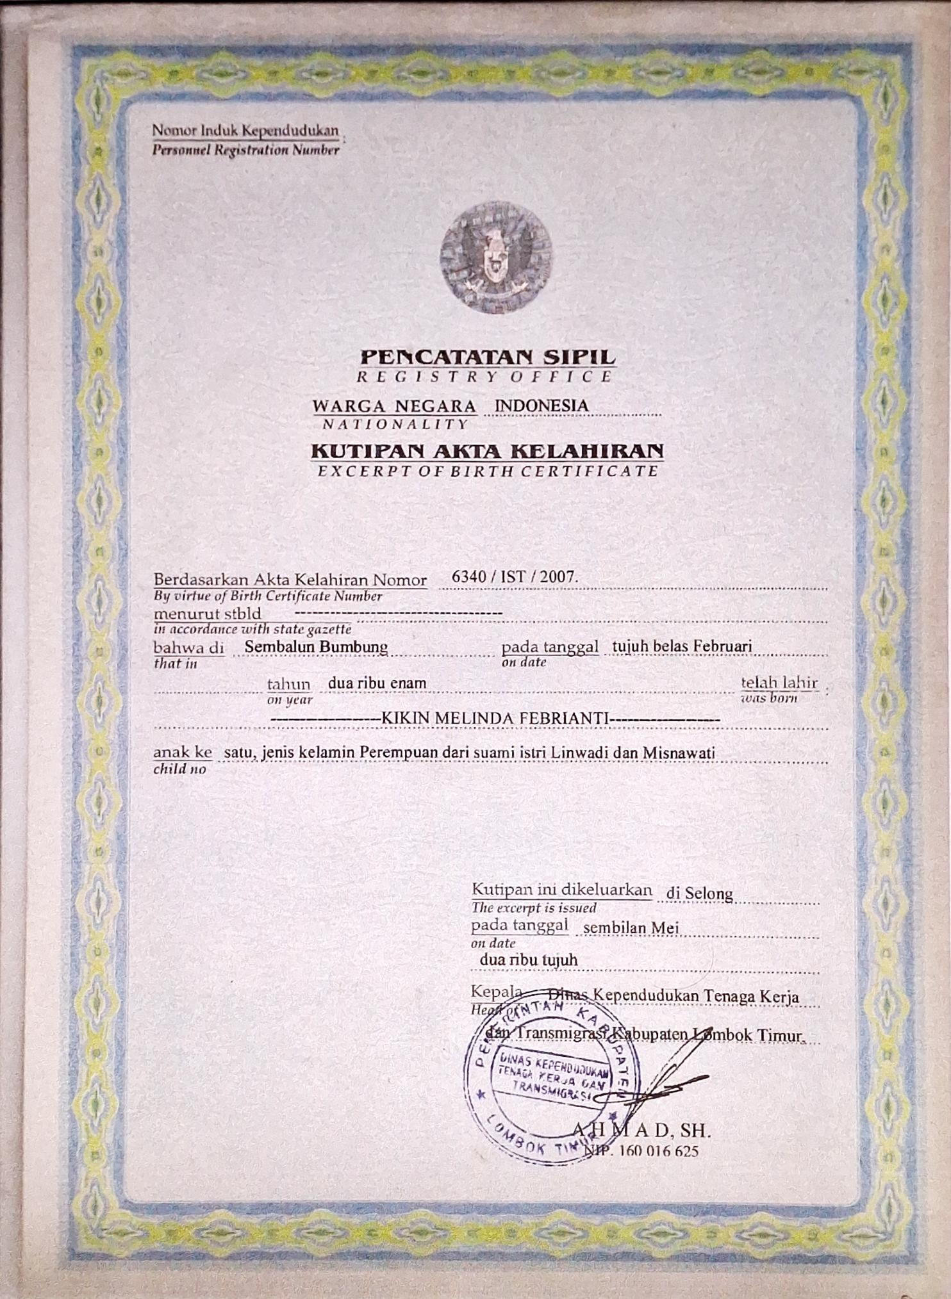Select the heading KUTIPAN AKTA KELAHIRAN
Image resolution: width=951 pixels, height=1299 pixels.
(487, 451)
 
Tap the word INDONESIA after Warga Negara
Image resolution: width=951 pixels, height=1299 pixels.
(542, 405)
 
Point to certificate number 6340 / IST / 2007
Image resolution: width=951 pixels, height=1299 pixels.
(515, 576)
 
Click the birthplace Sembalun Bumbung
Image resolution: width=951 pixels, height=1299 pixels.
(316, 646)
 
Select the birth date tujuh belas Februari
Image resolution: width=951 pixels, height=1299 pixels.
(682, 646)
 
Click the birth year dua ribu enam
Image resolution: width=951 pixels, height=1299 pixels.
(377, 683)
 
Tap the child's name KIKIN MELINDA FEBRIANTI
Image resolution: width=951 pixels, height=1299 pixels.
(495, 719)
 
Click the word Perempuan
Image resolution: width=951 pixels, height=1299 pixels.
(399, 753)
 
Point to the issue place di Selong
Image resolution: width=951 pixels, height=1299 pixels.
(699, 893)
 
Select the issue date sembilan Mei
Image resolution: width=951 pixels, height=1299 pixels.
(631, 927)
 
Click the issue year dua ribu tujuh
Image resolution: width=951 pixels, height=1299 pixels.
(529, 960)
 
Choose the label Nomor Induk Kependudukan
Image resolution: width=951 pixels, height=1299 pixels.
(245, 131)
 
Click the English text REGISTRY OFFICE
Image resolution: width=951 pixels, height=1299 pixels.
(484, 377)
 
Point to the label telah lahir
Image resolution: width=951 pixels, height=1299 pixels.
(779, 682)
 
